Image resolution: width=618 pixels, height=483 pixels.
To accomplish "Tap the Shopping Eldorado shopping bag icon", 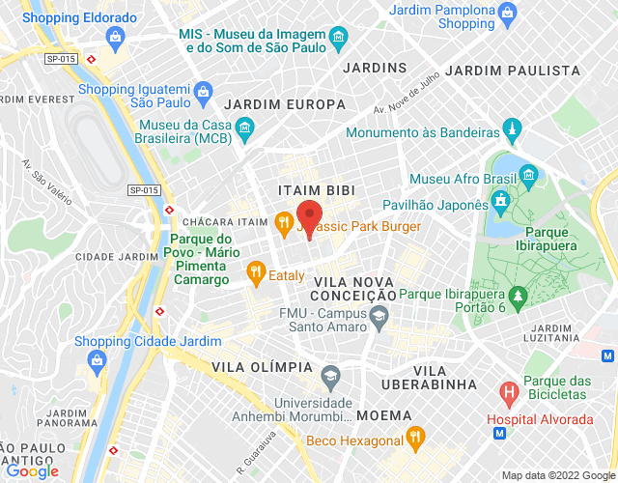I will pos(116,38).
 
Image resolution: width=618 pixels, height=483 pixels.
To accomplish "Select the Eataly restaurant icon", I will pos(255,274).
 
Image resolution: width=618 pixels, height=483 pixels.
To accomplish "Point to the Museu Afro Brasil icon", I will pos(528,175).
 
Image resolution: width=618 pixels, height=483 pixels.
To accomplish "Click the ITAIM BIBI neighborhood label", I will pos(311,189).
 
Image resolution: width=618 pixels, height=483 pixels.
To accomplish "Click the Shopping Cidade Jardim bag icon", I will pos(96,360).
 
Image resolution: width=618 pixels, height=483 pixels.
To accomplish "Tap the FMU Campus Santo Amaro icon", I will pos(379,316).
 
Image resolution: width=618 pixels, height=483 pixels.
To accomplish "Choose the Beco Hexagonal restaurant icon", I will pos(415,437).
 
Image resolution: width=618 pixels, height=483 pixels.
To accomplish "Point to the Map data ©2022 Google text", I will pos(557,475).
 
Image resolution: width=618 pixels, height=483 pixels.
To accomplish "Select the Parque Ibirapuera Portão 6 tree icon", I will pos(518,294).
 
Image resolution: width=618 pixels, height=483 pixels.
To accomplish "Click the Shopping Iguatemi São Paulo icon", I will pos(203,94).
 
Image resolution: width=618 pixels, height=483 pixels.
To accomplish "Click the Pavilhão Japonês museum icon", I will pos(500,201).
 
